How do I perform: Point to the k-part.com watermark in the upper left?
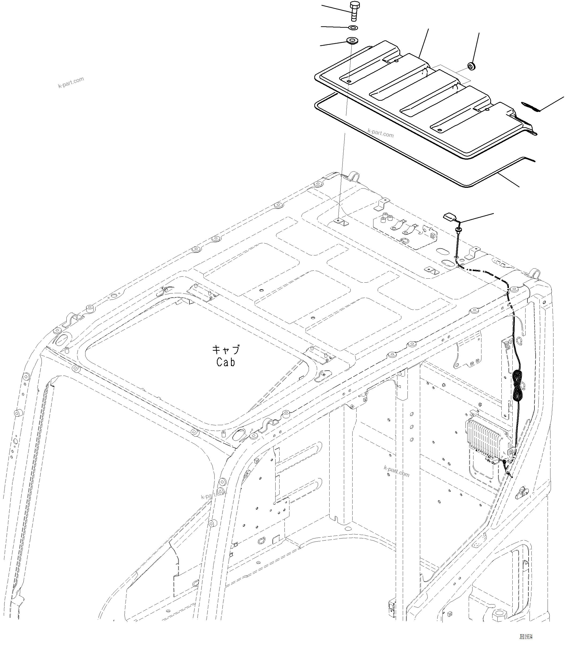pyautogui.click(x=71, y=82)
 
